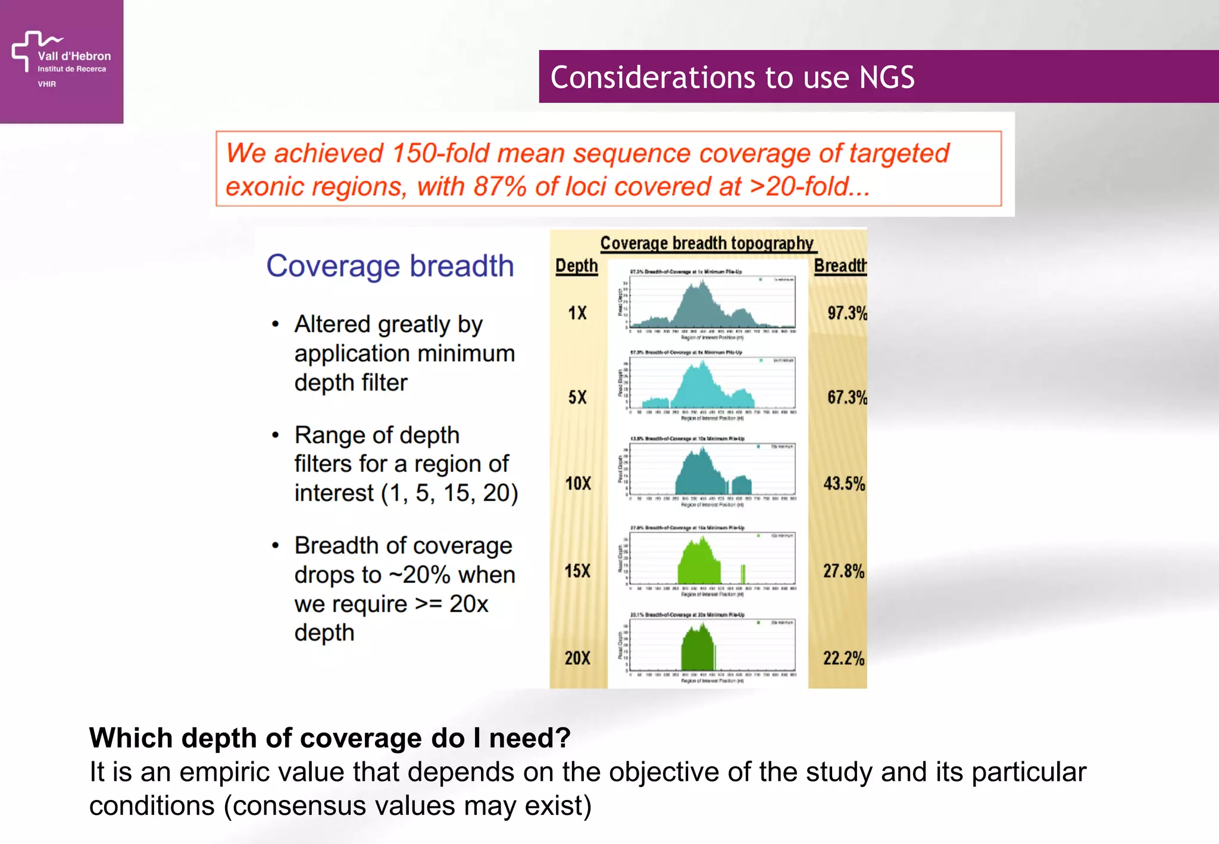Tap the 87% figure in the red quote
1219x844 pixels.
[499, 186]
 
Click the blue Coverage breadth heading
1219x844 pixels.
[390, 265]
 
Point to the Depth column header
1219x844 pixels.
[576, 265]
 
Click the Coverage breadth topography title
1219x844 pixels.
[707, 243]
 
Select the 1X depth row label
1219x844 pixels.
[577, 312]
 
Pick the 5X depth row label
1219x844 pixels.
[577, 397]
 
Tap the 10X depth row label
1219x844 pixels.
[577, 483]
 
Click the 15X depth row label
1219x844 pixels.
[577, 571]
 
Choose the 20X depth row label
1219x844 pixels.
[577, 658]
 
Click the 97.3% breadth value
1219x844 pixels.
[846, 312]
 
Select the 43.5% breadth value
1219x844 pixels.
[844, 483]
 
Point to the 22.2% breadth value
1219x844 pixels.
[843, 658]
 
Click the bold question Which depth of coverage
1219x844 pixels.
[330, 737]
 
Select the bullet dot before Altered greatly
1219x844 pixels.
[275, 324]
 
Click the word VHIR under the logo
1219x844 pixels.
[46, 84]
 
